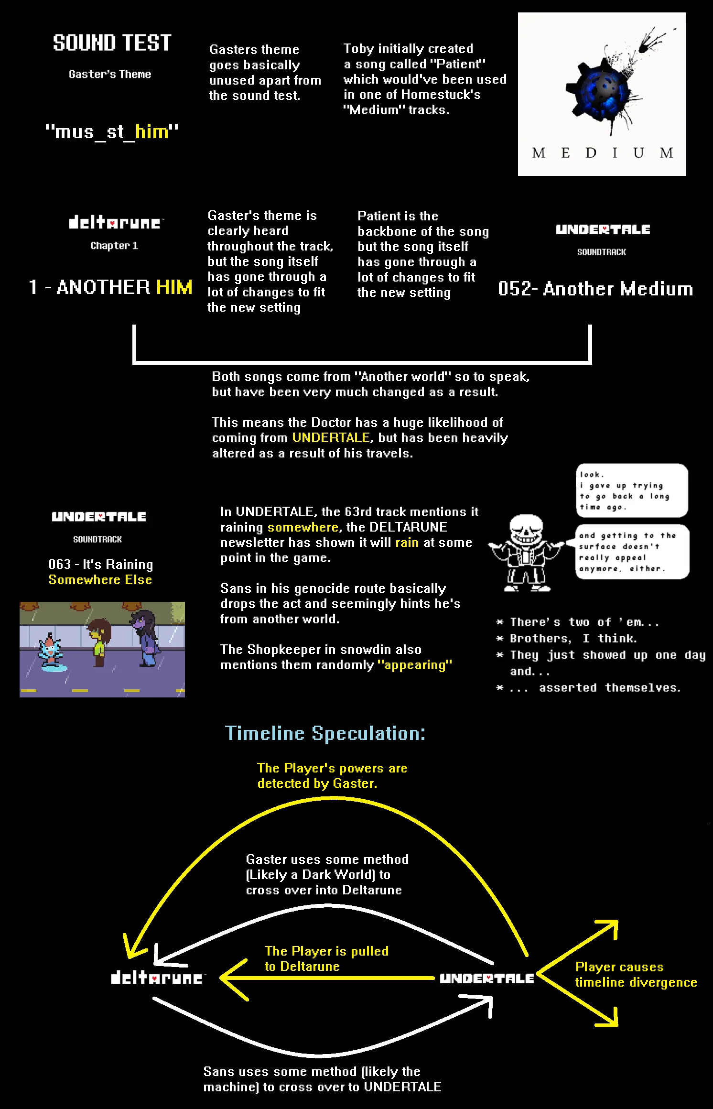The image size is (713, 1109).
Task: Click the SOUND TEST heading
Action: point(112,43)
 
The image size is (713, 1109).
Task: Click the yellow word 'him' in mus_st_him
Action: point(152,131)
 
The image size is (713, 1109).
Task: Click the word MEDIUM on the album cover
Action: point(602,153)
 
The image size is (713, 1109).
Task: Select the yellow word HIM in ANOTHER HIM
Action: point(174,287)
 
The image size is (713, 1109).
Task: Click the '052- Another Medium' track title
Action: point(595,289)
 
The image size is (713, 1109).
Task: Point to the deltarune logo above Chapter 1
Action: point(115,222)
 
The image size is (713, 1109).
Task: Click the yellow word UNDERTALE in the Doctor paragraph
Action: point(331,438)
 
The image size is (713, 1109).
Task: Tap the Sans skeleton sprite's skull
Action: point(526,529)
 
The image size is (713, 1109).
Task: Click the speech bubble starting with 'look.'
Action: point(632,490)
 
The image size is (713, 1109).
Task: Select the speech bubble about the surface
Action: point(632,552)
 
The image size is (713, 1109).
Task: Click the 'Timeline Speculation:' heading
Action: point(325,733)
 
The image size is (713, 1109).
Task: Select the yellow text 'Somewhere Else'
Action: point(100,580)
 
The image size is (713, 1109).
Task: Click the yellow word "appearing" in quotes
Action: point(414,665)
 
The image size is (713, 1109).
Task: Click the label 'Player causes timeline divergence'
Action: point(636,974)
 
